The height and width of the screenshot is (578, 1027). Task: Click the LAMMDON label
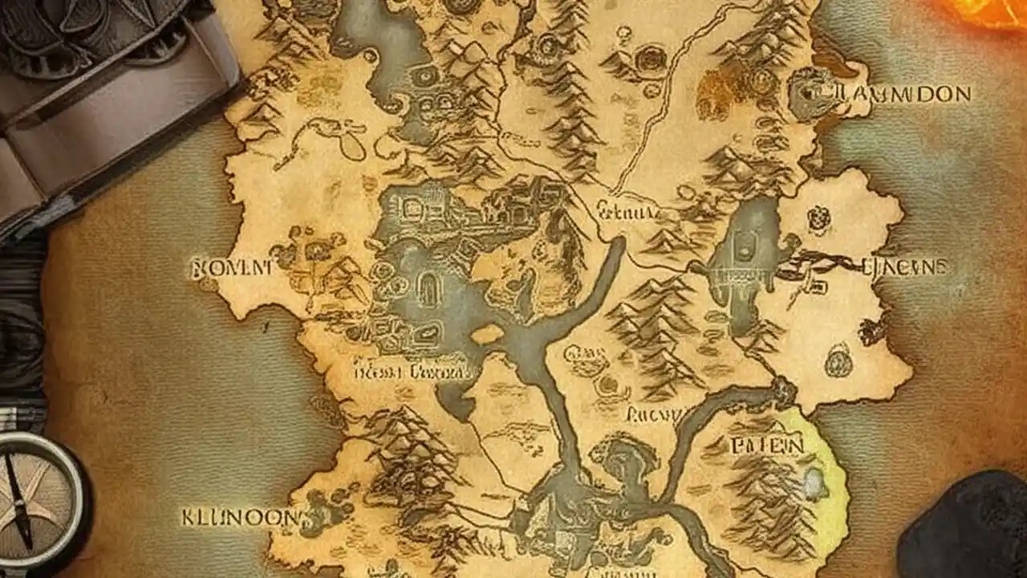click(x=902, y=94)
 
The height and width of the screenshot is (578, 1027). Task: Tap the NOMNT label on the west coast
click(x=231, y=267)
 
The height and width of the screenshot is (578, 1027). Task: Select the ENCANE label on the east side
click(x=903, y=267)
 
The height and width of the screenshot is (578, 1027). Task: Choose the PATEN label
click(x=766, y=445)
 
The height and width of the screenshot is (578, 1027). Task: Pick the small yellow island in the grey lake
click(x=487, y=334)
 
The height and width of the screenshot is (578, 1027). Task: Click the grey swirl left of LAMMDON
click(x=810, y=93)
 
